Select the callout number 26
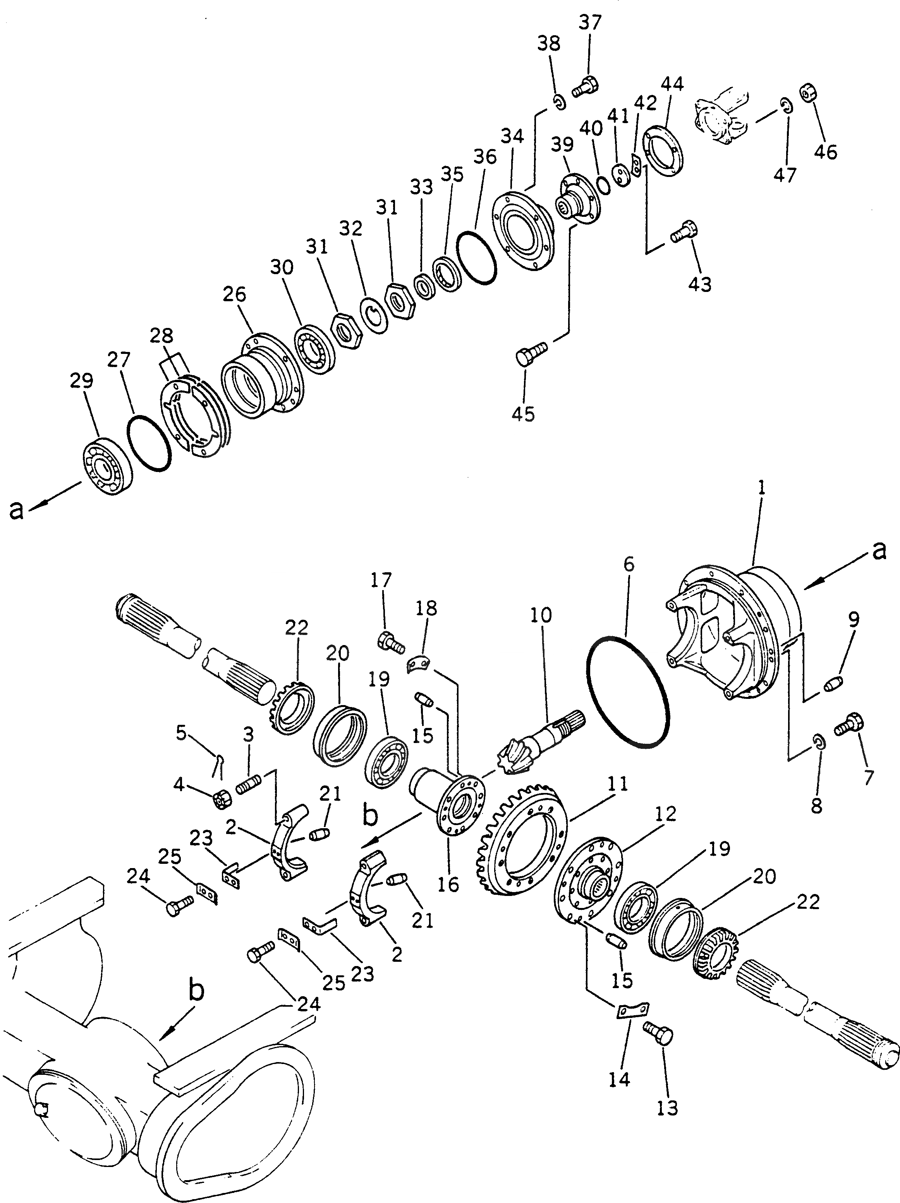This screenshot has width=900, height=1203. [x=234, y=294]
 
